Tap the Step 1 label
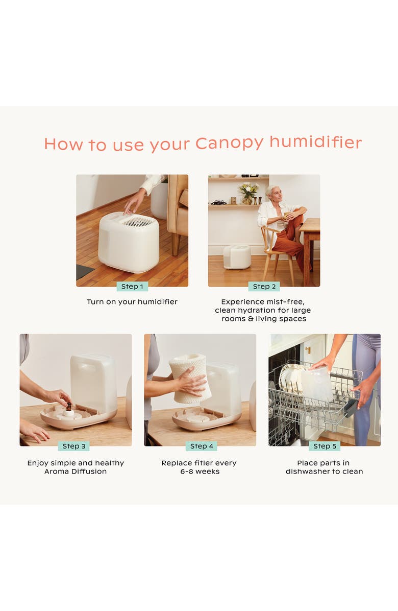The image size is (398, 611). tap(132, 287)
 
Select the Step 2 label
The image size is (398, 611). tap(264, 287)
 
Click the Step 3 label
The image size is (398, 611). tap(73, 446)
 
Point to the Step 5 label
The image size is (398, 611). tap(325, 446)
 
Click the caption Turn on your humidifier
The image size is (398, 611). tap(132, 302)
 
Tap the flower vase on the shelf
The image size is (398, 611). tap(248, 194)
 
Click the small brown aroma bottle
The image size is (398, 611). tap(68, 407)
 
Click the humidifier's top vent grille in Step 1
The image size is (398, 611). tap(138, 221)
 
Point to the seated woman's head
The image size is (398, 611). tap(271, 193)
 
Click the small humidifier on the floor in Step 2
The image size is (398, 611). tap(237, 256)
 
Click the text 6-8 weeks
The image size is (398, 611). tap(200, 472)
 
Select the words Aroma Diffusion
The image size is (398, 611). tap(76, 472)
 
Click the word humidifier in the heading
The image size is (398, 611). tap(315, 143)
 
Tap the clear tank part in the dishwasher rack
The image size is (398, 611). tap(316, 384)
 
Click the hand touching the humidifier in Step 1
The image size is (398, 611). tap(134, 201)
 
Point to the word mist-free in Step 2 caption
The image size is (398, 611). tap(286, 302)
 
